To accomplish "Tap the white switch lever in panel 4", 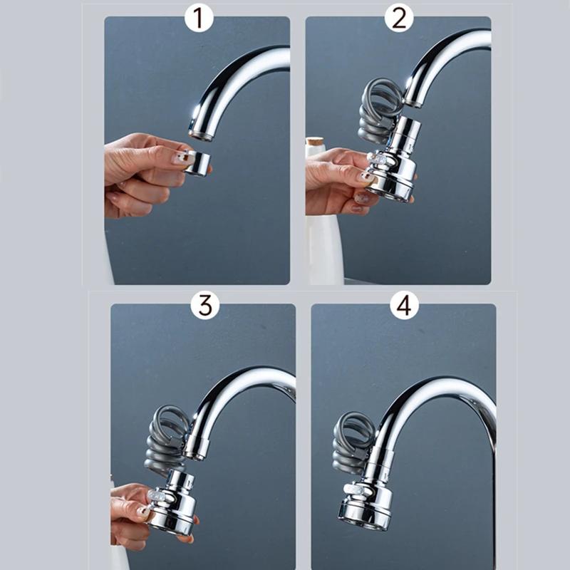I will pyautogui.click(x=351, y=490).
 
